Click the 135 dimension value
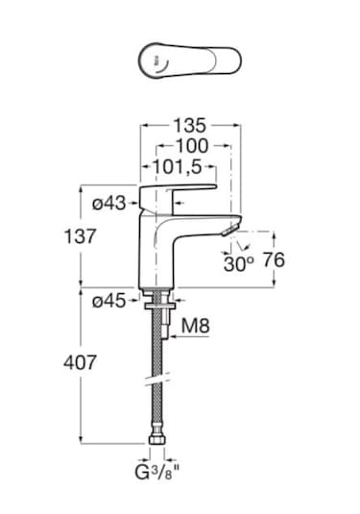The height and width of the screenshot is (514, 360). (190, 125)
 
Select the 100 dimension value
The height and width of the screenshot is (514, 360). (192, 146)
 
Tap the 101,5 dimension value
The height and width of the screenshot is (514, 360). (178, 167)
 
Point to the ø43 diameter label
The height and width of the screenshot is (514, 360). (109, 204)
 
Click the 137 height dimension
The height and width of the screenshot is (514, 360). (81, 236)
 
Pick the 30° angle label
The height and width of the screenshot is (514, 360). (238, 264)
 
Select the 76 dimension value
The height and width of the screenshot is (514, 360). (274, 260)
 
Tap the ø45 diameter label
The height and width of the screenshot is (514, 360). (109, 301)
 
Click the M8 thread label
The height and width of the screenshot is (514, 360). (195, 326)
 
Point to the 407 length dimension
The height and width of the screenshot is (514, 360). (81, 362)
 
